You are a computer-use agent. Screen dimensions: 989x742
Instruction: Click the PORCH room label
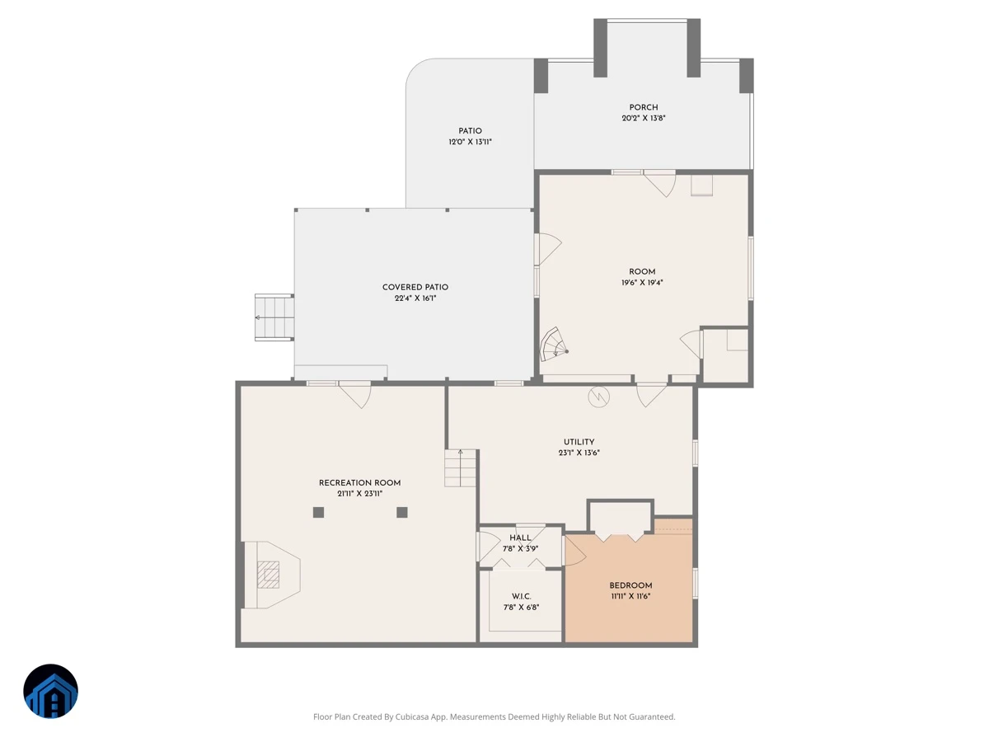coord(643,107)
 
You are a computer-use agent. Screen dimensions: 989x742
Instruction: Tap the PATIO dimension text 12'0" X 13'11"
coord(470,142)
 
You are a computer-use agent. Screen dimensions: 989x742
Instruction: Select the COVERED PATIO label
coord(415,287)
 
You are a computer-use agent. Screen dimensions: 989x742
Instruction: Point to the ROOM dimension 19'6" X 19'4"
coord(642,283)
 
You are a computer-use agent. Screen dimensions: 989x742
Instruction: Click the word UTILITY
coord(579,442)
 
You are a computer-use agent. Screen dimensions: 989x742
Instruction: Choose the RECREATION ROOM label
coord(359,482)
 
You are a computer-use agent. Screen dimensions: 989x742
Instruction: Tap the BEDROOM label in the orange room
coord(630,585)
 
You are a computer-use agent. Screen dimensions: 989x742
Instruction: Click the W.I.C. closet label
coord(522,596)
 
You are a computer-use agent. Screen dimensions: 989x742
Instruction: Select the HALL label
coord(520,538)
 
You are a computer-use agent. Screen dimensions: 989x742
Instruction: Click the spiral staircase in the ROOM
coord(553,345)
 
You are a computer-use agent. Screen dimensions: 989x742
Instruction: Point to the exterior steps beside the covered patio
coord(274,317)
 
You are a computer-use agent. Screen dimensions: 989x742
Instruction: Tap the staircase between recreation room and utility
coord(460,467)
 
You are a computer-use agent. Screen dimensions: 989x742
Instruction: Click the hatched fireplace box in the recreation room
coord(268,575)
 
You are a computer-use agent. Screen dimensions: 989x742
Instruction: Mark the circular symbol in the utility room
coord(599,397)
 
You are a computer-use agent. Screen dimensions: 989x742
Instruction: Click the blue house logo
coord(50,691)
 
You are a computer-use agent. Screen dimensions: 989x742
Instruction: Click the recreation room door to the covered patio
coord(354,395)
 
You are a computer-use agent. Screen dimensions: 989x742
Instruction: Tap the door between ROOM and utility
coord(651,395)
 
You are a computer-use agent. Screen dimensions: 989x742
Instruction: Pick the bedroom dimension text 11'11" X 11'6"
coord(630,596)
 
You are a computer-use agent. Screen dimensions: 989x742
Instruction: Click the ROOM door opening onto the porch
coord(659,183)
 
